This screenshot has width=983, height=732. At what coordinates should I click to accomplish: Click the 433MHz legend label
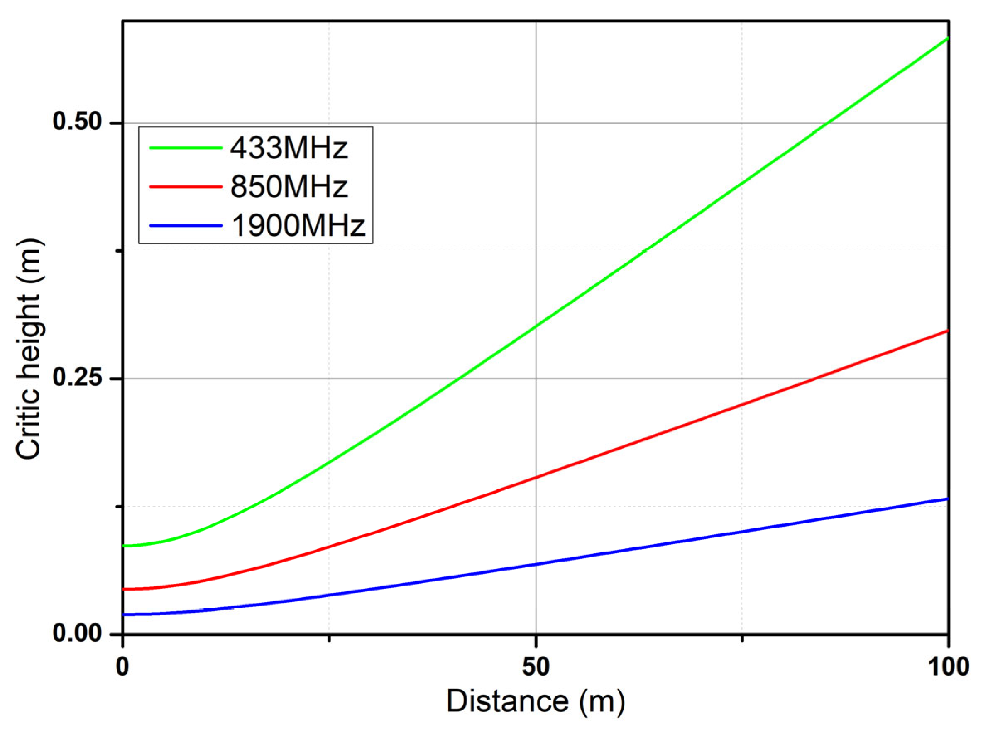[289, 148]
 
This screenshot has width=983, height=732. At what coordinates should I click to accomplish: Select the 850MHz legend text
[289, 187]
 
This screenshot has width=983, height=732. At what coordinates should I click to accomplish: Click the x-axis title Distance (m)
[536, 701]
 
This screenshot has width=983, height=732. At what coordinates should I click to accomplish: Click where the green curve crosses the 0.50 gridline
[827, 123]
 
